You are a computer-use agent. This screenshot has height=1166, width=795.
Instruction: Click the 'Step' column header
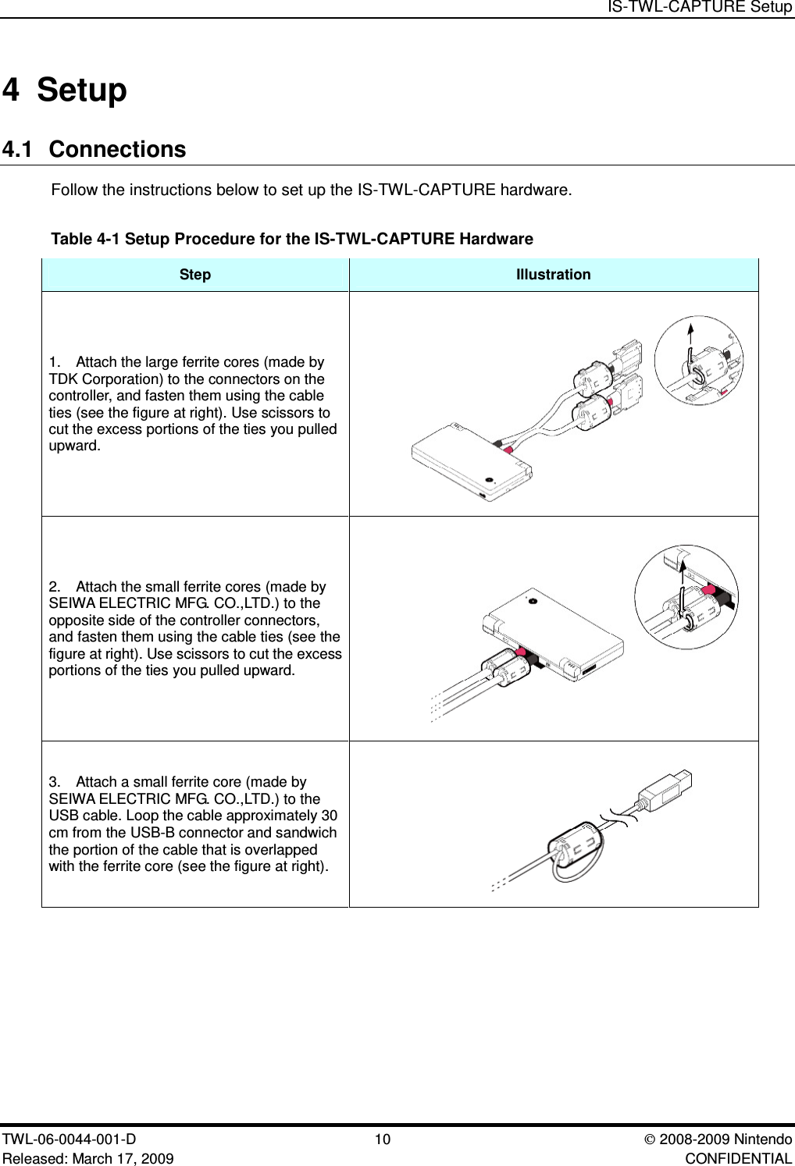pyautogui.click(x=194, y=275)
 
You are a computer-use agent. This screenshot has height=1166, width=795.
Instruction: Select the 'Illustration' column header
pyautogui.click(x=553, y=275)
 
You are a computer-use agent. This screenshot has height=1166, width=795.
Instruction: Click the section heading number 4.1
pyautogui.click(x=18, y=149)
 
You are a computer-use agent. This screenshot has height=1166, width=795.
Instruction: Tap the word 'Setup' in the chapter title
pyautogui.click(x=81, y=90)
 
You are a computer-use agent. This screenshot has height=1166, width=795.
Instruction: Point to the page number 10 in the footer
pyautogui.click(x=383, y=1139)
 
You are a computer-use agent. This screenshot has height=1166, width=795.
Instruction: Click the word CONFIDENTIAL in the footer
pyautogui.click(x=737, y=1158)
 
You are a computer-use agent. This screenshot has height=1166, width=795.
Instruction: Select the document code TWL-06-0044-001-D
pyautogui.click(x=70, y=1139)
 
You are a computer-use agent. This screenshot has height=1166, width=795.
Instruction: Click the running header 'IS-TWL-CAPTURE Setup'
pyautogui.click(x=700, y=7)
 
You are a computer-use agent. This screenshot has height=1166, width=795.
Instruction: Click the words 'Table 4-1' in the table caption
pyautogui.click(x=85, y=239)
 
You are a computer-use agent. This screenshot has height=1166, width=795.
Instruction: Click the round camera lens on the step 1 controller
pyautogui.click(x=489, y=479)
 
